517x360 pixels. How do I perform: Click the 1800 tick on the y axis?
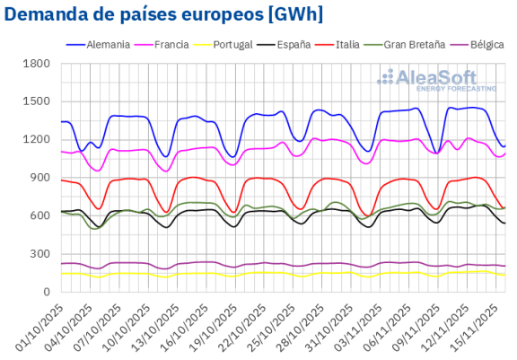pos(37,64)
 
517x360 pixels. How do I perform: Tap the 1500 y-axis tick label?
pos(37,101)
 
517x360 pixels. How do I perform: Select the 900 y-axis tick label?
pos(40,178)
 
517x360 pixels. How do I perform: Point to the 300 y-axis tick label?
pos(40,254)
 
